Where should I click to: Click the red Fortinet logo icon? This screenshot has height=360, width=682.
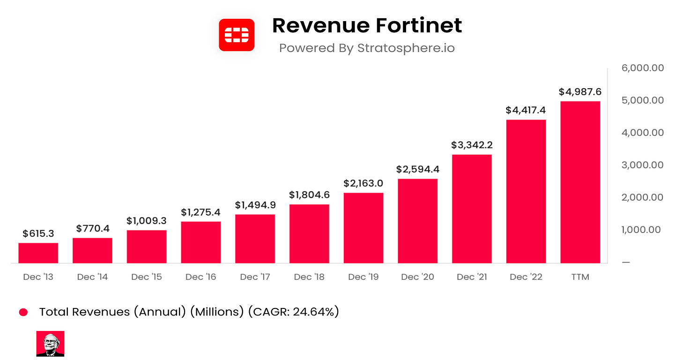tap(237, 35)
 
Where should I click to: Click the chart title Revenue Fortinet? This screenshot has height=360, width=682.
tap(367, 25)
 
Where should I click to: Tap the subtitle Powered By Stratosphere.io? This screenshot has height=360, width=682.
tap(367, 48)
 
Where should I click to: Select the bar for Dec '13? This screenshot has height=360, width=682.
tap(38, 253)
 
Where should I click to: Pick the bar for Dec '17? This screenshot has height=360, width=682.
tap(255, 239)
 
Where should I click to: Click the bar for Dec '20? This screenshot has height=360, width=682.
tap(417, 221)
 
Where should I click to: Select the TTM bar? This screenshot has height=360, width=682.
tap(580, 183)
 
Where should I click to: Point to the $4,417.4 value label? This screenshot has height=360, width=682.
tap(526, 110)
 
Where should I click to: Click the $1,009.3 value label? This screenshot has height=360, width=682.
tap(147, 220)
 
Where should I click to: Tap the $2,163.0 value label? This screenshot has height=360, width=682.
tap(363, 183)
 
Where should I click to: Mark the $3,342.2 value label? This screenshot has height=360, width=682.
tap(472, 145)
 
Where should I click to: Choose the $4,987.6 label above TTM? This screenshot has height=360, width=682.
tap(580, 92)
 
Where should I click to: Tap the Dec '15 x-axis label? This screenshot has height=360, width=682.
tap(147, 277)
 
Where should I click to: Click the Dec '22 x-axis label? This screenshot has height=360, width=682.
tap(526, 277)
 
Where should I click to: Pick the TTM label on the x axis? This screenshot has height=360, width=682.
tap(580, 277)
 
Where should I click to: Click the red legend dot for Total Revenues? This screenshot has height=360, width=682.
tap(23, 312)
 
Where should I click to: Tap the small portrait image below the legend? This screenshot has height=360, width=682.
tap(50, 344)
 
